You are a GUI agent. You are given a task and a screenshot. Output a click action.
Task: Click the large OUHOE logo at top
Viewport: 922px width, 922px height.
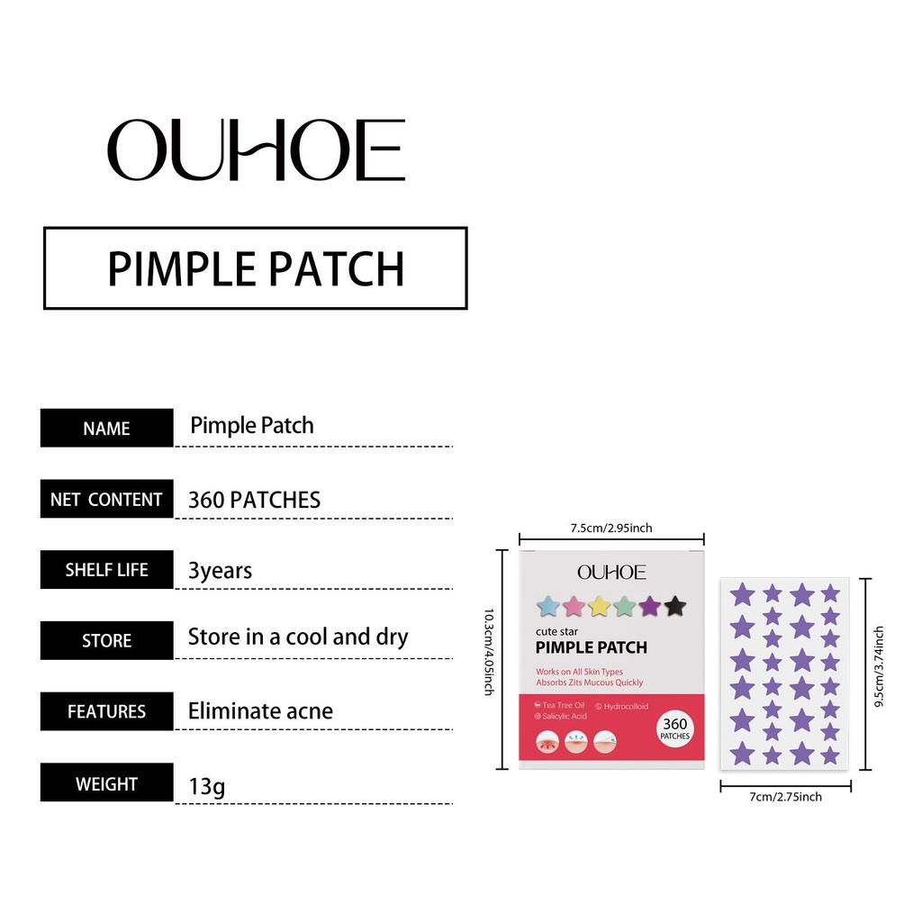(256, 150)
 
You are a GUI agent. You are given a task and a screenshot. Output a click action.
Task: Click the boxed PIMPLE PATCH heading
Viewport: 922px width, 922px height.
(256, 268)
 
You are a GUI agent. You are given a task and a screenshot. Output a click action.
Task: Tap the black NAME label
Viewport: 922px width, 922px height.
(106, 429)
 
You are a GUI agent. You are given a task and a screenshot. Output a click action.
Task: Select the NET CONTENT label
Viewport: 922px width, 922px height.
(106, 500)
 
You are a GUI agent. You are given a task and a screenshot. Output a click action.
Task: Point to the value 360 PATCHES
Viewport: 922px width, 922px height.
(254, 500)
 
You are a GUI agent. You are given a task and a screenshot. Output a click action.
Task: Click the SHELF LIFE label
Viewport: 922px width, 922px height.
(106, 570)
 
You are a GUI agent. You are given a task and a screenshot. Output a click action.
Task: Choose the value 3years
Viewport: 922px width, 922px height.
(220, 571)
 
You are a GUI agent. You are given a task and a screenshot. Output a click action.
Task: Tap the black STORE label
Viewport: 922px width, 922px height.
(106, 641)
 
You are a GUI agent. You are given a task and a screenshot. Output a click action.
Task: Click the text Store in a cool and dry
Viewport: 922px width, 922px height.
(297, 637)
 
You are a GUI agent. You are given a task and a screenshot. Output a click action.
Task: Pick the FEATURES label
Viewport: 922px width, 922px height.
(106, 711)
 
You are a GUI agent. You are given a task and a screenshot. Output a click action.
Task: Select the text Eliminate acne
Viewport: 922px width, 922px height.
(260, 711)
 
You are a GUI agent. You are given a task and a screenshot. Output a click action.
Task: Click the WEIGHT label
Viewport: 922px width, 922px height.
(106, 783)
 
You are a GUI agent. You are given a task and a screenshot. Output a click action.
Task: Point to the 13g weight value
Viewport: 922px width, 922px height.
(206, 786)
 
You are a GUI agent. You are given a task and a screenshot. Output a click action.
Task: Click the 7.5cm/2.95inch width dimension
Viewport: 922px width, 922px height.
(611, 528)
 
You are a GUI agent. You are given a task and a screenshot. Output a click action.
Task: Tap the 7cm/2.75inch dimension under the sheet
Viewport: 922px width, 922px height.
(784, 797)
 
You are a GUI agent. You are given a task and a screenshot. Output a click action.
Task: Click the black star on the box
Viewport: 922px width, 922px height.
(674, 607)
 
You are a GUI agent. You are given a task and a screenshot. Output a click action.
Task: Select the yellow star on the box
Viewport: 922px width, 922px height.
(599, 607)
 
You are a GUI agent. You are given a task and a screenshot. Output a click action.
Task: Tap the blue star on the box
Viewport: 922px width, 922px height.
(547, 607)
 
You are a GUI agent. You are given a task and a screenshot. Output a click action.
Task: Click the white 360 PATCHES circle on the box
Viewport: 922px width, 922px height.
(674, 728)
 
